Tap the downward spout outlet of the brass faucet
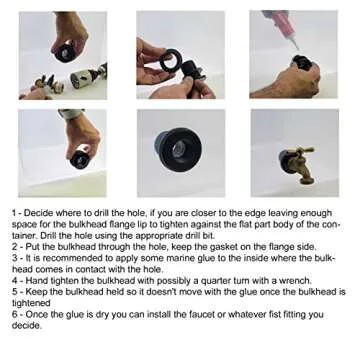tap(307, 180)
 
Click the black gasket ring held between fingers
tap(171, 60)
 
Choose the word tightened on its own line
tap(31, 304)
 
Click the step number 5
tap(15, 292)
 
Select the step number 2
tap(15, 247)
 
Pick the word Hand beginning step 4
tap(35, 281)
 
